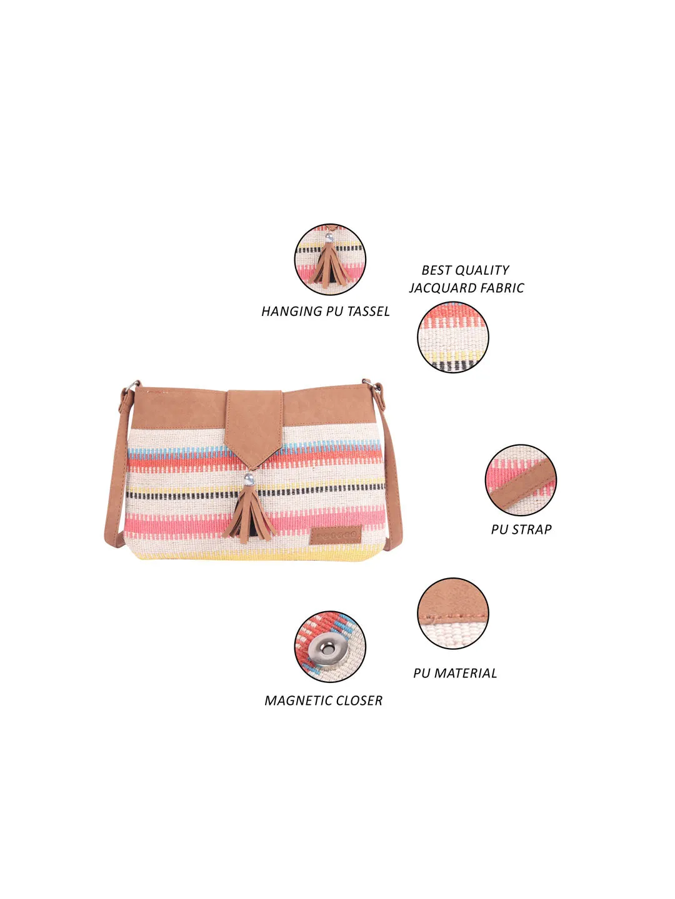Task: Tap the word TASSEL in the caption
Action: pos(368,312)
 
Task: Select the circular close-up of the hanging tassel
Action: pos(330,260)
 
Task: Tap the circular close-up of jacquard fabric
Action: pos(453,338)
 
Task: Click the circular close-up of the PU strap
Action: pos(521,480)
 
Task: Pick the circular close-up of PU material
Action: pos(453,614)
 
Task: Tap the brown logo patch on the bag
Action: pos(336,536)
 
